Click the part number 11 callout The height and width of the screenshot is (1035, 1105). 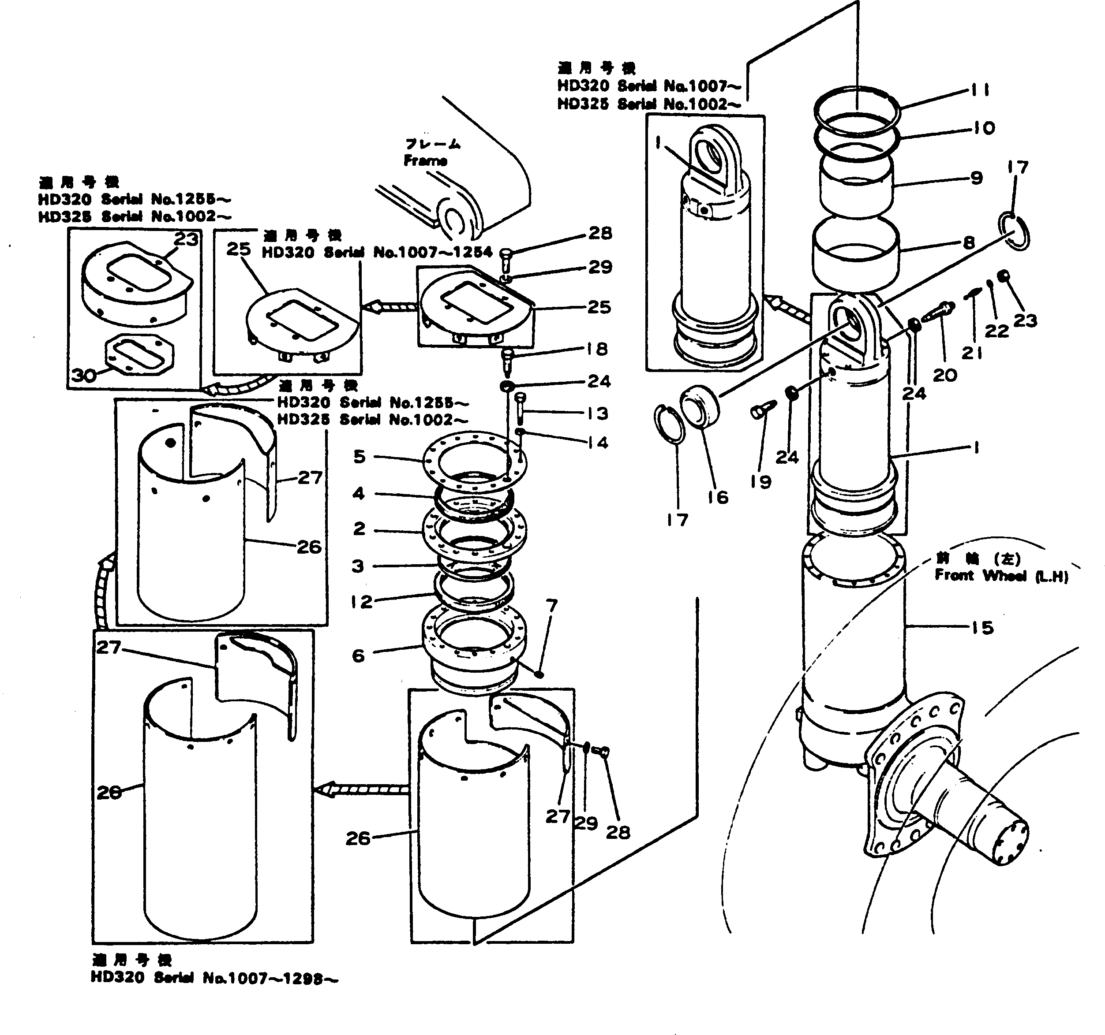(980, 90)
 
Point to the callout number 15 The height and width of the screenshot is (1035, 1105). (982, 628)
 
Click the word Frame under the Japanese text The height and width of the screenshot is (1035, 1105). (425, 160)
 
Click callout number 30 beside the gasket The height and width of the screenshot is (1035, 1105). (84, 376)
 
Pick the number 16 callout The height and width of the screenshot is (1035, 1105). (718, 497)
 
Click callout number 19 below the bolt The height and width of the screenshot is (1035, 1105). (760, 482)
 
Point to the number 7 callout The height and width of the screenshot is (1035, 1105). (551, 606)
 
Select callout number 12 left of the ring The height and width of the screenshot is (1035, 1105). (362, 601)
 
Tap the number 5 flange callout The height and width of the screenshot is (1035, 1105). (360, 457)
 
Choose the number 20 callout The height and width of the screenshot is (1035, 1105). (945, 375)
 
